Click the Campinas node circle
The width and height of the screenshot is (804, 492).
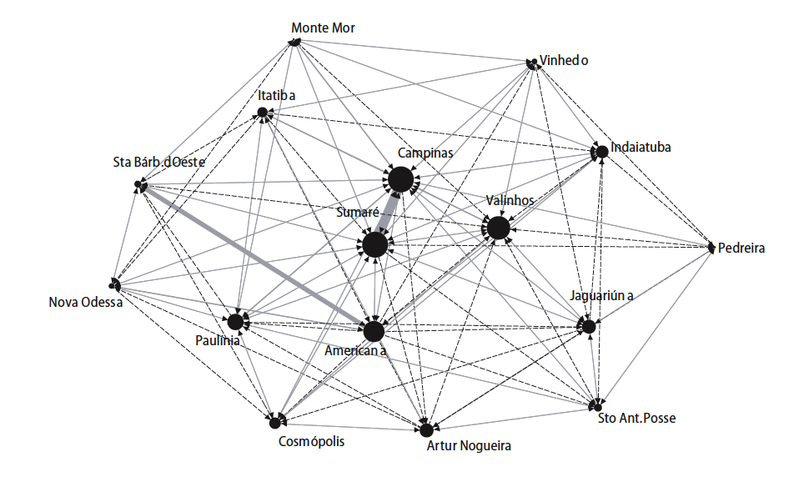[x=400, y=178]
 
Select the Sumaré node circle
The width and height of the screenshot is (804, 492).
[x=374, y=245]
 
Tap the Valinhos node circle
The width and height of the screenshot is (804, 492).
[x=498, y=228]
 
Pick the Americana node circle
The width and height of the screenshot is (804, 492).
[x=374, y=331]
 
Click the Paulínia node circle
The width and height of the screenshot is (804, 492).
[x=235, y=321]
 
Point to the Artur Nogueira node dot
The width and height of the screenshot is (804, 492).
[x=426, y=430]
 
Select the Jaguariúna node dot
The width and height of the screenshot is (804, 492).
[x=589, y=326]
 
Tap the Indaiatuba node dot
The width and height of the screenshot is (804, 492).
[x=600, y=152]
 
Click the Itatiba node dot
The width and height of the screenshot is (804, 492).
[x=262, y=113]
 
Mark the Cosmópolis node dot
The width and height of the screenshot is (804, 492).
[x=274, y=423]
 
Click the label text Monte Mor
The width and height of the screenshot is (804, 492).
[x=323, y=28]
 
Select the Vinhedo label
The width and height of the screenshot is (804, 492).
[x=564, y=60]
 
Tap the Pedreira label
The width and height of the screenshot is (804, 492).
[x=741, y=248]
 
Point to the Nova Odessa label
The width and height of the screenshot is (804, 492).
[x=86, y=302]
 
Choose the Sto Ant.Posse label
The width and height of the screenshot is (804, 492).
[x=636, y=418]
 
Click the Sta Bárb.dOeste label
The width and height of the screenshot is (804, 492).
[x=158, y=162]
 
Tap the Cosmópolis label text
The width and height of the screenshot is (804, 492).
[x=310, y=441]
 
